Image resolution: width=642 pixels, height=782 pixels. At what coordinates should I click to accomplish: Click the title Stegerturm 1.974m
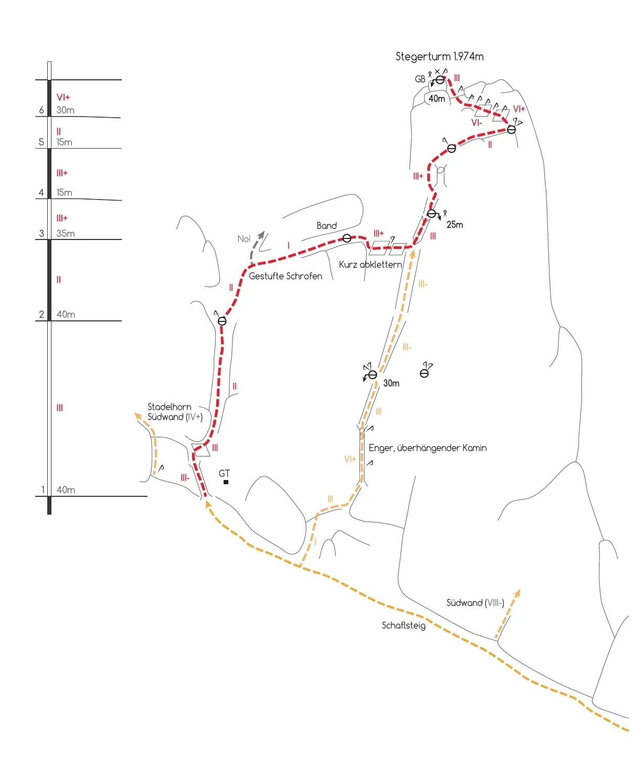[439, 57]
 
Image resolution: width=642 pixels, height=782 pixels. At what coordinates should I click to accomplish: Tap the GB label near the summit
[420, 79]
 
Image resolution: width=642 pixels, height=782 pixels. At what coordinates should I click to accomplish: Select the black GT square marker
[226, 482]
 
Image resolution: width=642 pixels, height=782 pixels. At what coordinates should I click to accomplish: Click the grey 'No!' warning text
[244, 239]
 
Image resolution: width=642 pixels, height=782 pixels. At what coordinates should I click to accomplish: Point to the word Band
[327, 225]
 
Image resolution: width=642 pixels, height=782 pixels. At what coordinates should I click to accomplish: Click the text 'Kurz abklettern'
[370, 264]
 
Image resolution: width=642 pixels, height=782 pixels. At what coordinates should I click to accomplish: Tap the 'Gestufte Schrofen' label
[286, 276]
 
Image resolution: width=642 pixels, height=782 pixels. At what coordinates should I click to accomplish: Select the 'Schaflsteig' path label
[404, 625]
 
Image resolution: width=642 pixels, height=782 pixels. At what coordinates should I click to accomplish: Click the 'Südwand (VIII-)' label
[475, 603]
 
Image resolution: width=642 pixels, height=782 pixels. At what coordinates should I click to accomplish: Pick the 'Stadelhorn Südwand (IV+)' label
[175, 412]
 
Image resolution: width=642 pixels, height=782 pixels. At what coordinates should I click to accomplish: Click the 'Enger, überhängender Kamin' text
[427, 448]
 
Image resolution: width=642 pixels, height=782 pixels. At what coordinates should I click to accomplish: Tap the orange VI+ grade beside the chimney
[350, 460]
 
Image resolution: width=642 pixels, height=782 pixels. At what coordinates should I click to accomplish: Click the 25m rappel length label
[455, 225]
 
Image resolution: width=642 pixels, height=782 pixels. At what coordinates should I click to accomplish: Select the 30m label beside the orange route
[391, 383]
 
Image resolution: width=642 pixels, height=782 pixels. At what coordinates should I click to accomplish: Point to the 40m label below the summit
[437, 99]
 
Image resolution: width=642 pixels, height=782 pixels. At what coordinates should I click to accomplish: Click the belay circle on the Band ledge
[347, 238]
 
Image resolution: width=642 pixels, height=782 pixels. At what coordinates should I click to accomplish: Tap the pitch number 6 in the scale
[41, 110]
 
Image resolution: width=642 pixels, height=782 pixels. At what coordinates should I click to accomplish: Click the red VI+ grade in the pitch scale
[63, 98]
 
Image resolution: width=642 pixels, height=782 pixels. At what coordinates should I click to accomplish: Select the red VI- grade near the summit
[477, 123]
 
